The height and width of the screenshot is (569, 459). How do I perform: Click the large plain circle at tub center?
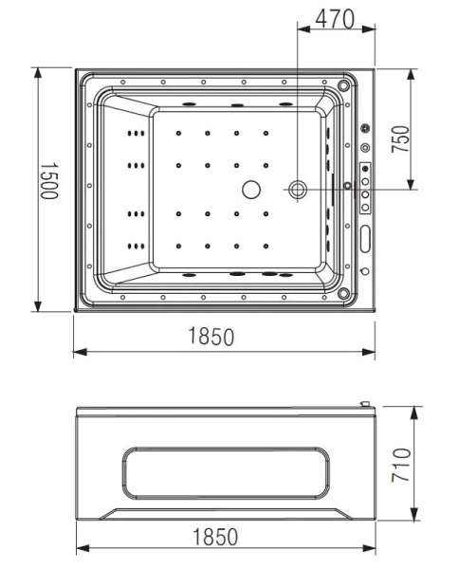tap(251, 190)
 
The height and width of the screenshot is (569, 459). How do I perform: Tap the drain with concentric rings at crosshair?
tap(298, 191)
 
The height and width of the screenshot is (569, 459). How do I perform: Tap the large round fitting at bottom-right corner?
tap(343, 295)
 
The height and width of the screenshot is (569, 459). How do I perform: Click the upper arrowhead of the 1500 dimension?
tap(38, 72)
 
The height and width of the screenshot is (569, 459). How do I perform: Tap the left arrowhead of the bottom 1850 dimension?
tap(80, 550)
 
